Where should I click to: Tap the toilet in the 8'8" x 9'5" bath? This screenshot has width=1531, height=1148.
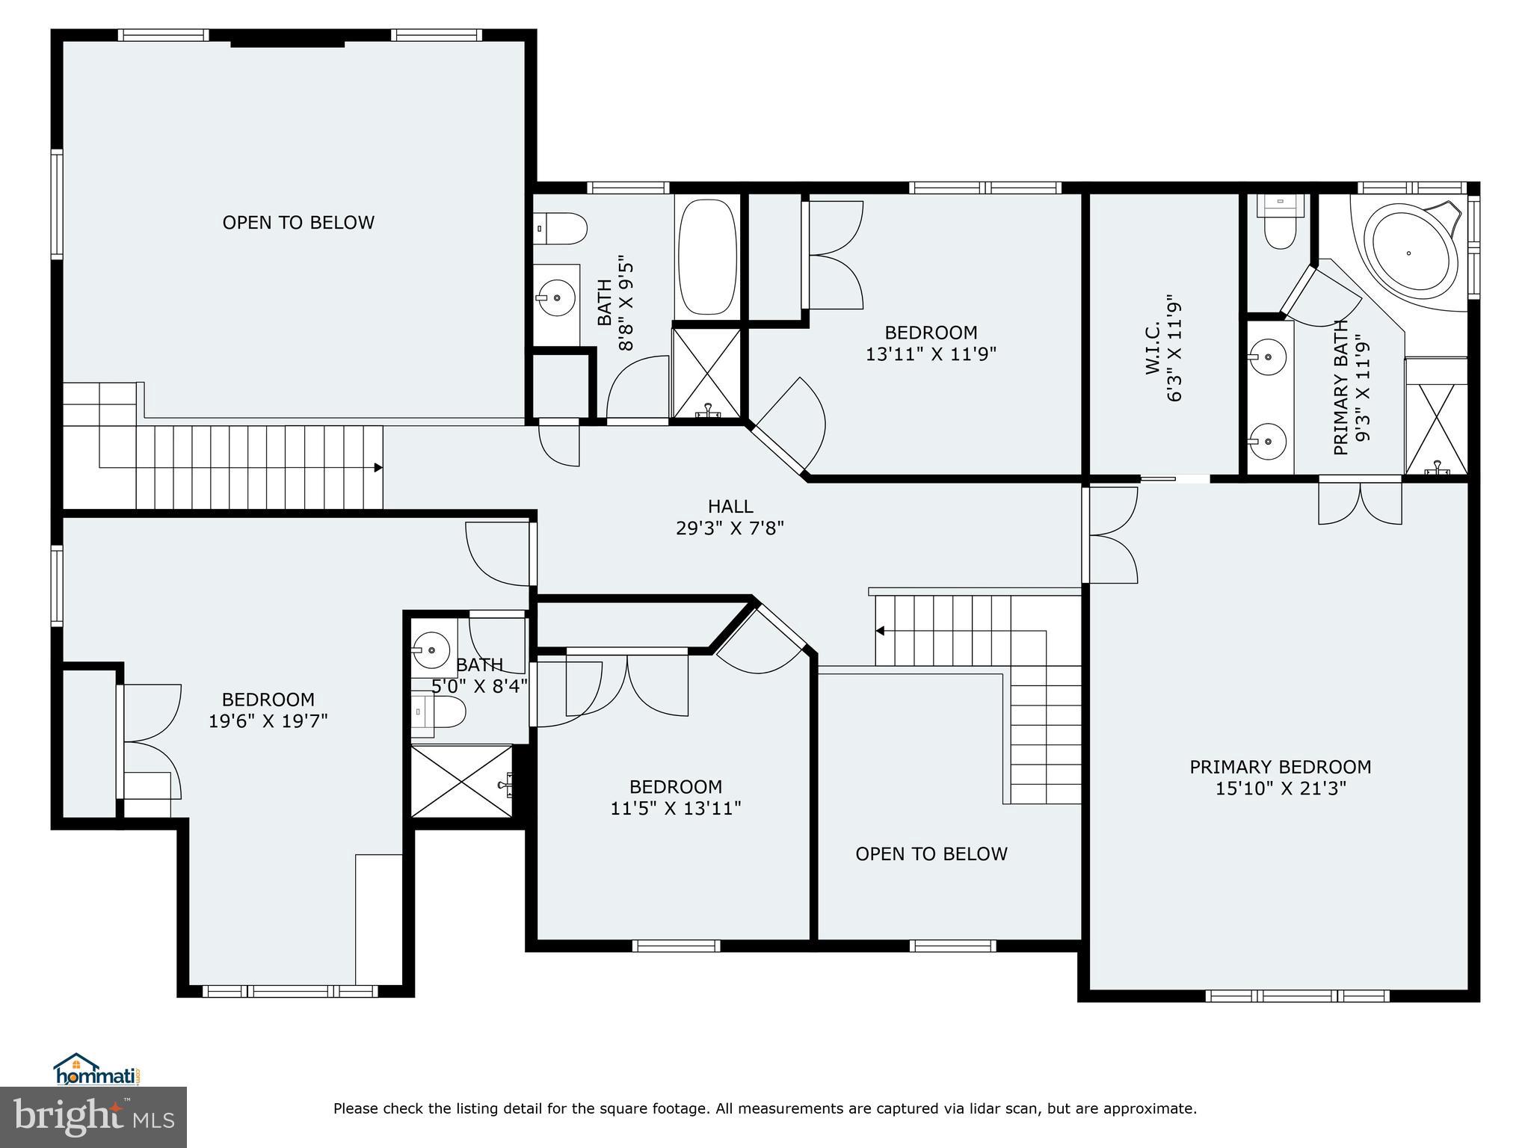[562, 229]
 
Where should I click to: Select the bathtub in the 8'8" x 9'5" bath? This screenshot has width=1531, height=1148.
[706, 256]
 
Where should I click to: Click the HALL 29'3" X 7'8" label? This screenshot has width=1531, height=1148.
[730, 517]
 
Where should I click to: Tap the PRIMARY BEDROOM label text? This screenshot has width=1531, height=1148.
[1280, 767]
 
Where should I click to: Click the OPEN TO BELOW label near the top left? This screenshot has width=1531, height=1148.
[298, 223]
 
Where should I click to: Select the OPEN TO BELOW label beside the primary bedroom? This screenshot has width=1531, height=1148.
[931, 854]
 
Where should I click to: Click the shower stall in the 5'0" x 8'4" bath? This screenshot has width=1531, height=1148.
[462, 781]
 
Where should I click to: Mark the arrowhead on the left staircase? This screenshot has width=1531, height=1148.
[378, 468]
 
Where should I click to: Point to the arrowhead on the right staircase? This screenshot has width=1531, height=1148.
[881, 631]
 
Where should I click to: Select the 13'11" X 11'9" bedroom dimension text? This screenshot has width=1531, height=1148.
[931, 354]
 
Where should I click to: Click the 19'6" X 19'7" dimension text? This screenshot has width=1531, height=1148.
[268, 721]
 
